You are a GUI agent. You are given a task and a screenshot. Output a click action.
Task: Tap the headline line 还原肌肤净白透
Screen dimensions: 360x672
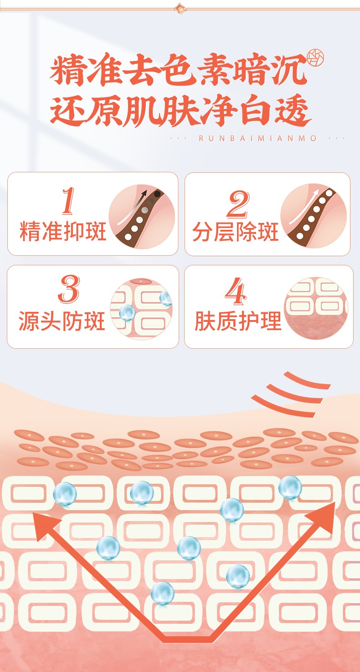(x=180, y=110)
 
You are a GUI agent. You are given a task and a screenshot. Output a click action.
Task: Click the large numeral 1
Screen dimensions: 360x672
(x=68, y=201)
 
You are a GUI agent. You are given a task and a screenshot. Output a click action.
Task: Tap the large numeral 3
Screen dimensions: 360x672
(x=69, y=289)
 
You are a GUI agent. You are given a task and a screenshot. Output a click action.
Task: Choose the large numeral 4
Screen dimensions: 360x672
(x=236, y=291)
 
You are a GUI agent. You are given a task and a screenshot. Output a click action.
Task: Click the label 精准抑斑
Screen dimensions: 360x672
(x=63, y=231)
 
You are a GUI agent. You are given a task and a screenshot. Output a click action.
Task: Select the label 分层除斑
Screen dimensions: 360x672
(x=235, y=232)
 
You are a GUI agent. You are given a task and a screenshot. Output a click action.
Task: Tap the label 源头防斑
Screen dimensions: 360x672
(x=62, y=320)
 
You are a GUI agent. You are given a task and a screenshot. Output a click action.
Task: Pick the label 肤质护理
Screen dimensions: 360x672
(x=238, y=320)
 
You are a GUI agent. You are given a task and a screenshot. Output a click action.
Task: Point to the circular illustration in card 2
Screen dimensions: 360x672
(x=314, y=216)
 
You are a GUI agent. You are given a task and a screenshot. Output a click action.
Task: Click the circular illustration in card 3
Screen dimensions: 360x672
(x=141, y=309)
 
